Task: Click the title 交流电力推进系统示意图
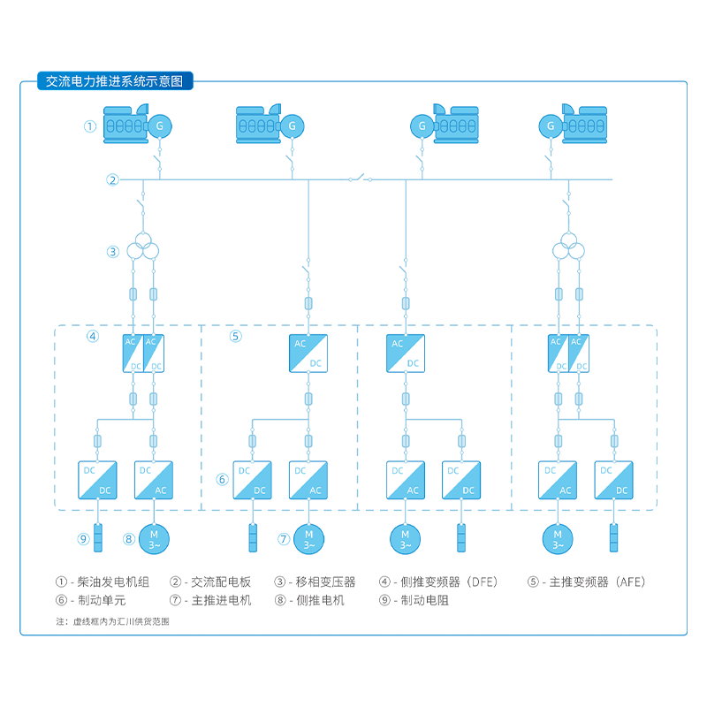point(114,81)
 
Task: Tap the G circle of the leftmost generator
point(160,126)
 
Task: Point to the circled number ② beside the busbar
point(112,180)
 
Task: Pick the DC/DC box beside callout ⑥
point(252,480)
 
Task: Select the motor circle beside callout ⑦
point(308,537)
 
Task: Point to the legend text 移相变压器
point(326,582)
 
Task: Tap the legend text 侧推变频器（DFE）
point(449,582)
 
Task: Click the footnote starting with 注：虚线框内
point(112,621)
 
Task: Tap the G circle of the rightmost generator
point(551,126)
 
